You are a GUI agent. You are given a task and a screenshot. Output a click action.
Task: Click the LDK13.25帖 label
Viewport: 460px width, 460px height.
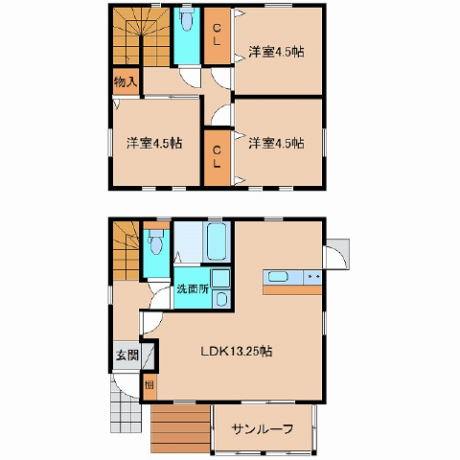click(237, 352)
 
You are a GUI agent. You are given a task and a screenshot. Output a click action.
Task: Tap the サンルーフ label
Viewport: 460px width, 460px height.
click(263, 429)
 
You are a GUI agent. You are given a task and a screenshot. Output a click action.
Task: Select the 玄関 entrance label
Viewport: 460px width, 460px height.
click(127, 355)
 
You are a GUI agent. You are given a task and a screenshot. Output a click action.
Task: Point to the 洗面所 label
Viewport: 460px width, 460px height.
click(193, 289)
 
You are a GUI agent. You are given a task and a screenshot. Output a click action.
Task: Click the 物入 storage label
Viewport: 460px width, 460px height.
click(126, 81)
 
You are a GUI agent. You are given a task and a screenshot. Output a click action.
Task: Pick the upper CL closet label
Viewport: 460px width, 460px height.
click(217, 34)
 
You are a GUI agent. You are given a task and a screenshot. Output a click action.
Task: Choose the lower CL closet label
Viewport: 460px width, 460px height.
click(217, 156)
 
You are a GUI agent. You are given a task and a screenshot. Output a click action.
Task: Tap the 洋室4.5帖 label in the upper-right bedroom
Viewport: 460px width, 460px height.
click(276, 52)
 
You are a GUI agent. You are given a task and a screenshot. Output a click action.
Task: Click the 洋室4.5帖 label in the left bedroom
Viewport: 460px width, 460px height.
click(154, 143)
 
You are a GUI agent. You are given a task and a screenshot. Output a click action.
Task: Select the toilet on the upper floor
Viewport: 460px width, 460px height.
click(186, 19)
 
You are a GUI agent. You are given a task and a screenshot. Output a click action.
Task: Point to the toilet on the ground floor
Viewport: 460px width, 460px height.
click(156, 242)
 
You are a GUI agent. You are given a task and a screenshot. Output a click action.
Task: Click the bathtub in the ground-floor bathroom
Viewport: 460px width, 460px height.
click(217, 241)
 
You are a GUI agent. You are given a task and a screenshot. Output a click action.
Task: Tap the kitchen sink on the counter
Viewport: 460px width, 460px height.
click(278, 276)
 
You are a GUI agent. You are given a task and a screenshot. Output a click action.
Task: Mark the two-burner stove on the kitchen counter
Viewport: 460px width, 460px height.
click(312, 277)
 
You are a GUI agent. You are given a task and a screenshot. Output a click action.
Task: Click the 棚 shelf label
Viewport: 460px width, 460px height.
click(149, 385)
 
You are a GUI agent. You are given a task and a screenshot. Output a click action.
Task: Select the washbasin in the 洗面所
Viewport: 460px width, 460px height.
click(220, 299)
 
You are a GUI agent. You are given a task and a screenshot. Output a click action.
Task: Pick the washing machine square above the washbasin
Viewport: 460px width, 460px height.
click(220, 278)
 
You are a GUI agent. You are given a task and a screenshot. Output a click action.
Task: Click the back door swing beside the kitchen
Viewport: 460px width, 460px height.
click(336, 254)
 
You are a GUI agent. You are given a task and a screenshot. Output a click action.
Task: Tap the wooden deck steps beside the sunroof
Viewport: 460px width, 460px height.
click(180, 428)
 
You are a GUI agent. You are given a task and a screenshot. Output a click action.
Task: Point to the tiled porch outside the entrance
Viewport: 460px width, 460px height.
click(126, 412)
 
